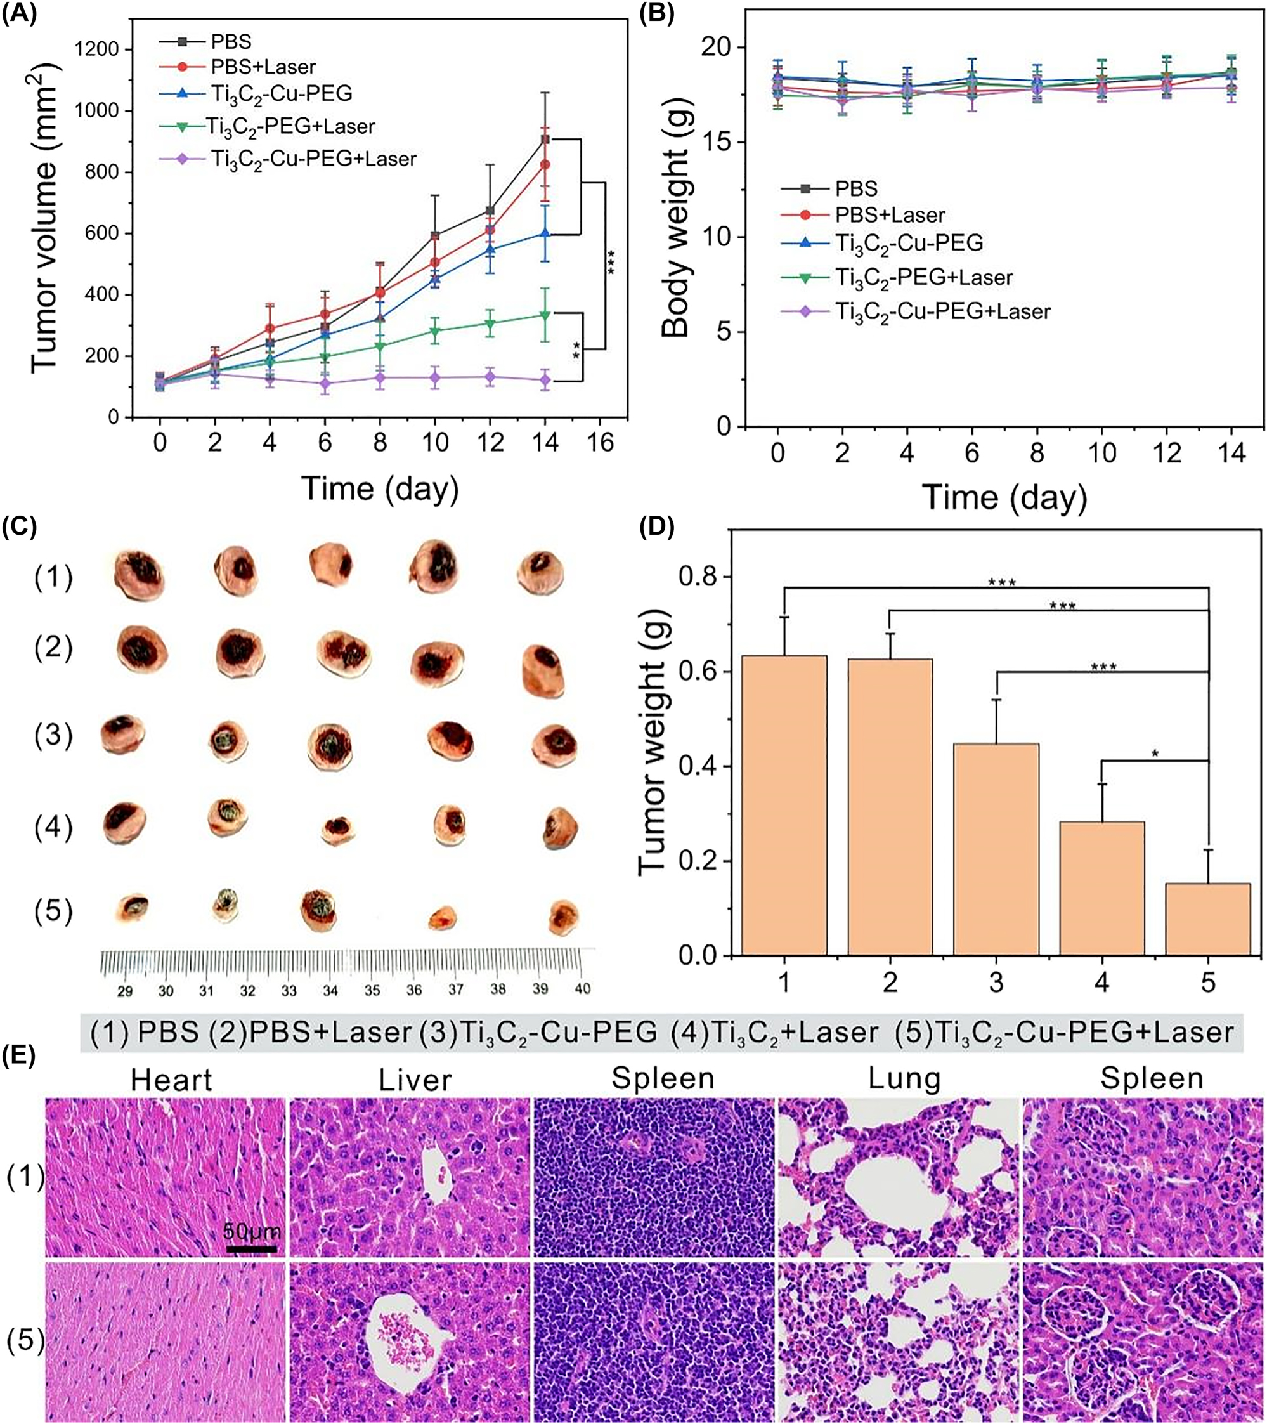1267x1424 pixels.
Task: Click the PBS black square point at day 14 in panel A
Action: [x=545, y=140]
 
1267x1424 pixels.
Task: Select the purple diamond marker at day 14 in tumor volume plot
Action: [x=545, y=380]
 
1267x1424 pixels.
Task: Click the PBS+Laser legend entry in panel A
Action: [x=263, y=67]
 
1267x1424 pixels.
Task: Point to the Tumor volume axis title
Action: [x=46, y=216]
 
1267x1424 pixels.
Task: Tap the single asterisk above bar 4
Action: [x=1154, y=754]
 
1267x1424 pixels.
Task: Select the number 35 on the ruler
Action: [x=373, y=990]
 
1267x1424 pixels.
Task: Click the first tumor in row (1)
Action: [x=140, y=575]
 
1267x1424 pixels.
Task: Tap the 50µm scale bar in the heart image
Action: [x=252, y=1249]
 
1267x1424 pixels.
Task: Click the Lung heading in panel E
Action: [x=904, y=1079]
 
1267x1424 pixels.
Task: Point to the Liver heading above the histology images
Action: [x=415, y=1080]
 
